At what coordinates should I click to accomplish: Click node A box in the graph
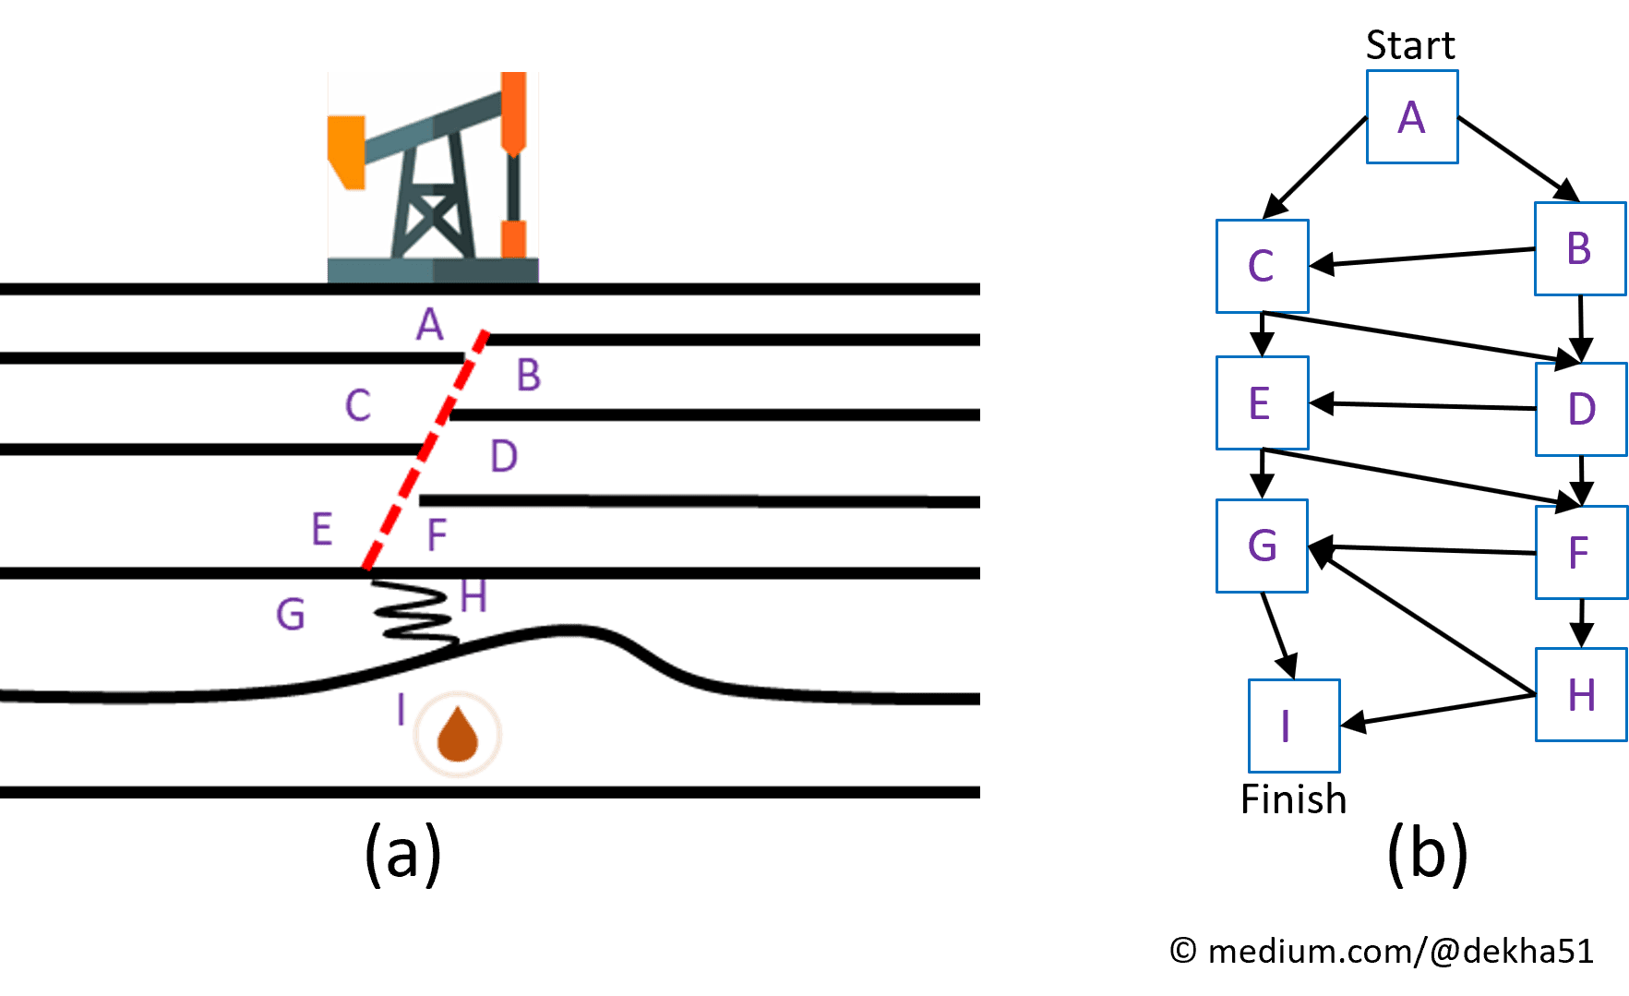[1411, 117]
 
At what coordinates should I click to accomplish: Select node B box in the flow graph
[1579, 249]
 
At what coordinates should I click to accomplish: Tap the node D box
[1581, 409]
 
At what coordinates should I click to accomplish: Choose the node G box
[1262, 546]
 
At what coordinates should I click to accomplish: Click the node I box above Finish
[1293, 726]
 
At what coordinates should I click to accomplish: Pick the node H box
[1581, 694]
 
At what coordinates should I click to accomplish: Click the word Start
[1409, 45]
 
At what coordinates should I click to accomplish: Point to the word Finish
[1293, 799]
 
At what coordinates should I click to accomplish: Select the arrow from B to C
[1421, 258]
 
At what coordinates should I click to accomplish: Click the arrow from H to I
[1437, 711]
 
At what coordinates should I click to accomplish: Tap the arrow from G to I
[1278, 636]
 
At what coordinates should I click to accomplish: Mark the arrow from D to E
[1421, 405]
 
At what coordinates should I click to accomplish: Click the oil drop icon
[457, 735]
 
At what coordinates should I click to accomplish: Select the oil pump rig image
[433, 176]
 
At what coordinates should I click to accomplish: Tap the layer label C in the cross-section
[358, 405]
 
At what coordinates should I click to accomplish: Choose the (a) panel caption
[402, 854]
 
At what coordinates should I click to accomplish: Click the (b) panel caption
[1427, 854]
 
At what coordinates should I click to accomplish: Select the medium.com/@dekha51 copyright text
[1382, 951]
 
